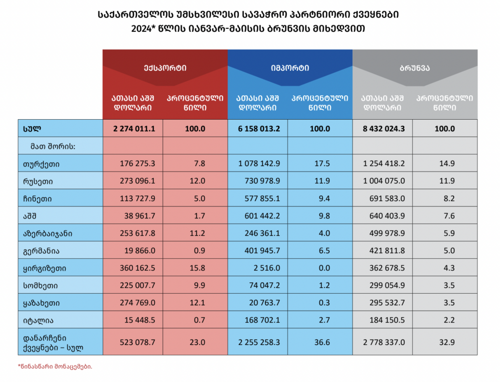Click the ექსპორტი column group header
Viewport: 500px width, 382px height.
click(165, 68)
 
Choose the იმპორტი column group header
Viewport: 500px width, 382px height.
click(290, 68)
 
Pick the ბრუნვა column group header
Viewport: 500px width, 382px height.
click(415, 68)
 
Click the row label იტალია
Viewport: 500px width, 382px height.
click(38, 320)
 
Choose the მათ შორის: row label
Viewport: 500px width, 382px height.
click(49, 146)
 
